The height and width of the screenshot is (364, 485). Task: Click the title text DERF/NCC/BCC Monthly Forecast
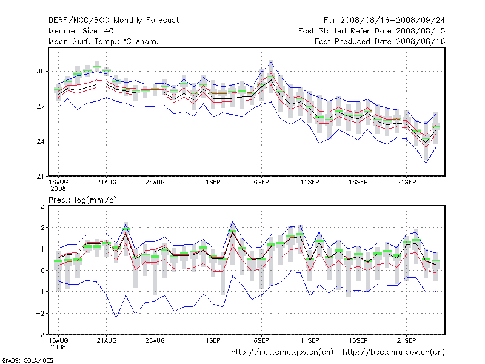113,20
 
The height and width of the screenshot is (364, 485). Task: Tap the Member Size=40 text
81,30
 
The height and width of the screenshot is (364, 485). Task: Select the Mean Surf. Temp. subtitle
103,41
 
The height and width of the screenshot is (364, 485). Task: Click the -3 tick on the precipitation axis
41,334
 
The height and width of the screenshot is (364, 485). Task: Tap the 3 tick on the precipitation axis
43,206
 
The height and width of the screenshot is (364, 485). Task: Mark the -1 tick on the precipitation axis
41,292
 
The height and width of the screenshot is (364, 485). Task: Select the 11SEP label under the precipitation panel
310,340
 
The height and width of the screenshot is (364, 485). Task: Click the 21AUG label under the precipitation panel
106,340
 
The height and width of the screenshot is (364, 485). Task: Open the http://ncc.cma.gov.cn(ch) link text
283,352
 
